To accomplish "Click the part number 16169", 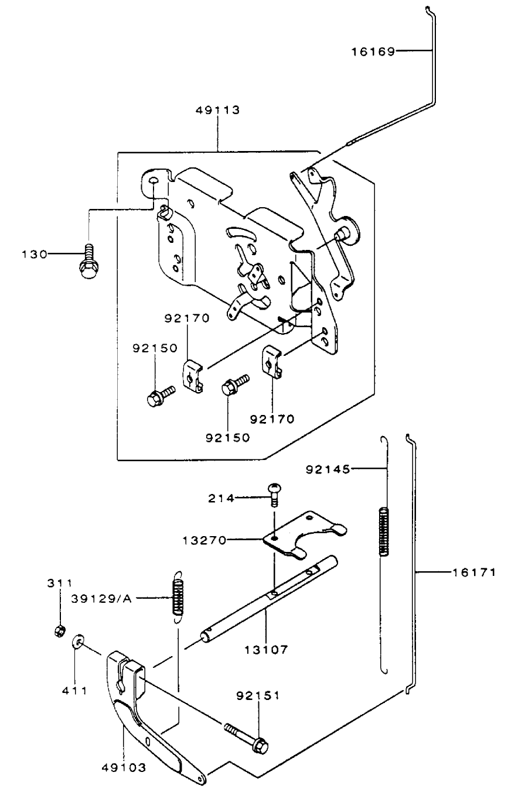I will [373, 52].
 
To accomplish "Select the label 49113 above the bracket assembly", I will [218, 110].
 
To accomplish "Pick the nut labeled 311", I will [59, 631].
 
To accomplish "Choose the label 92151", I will [257, 696].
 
